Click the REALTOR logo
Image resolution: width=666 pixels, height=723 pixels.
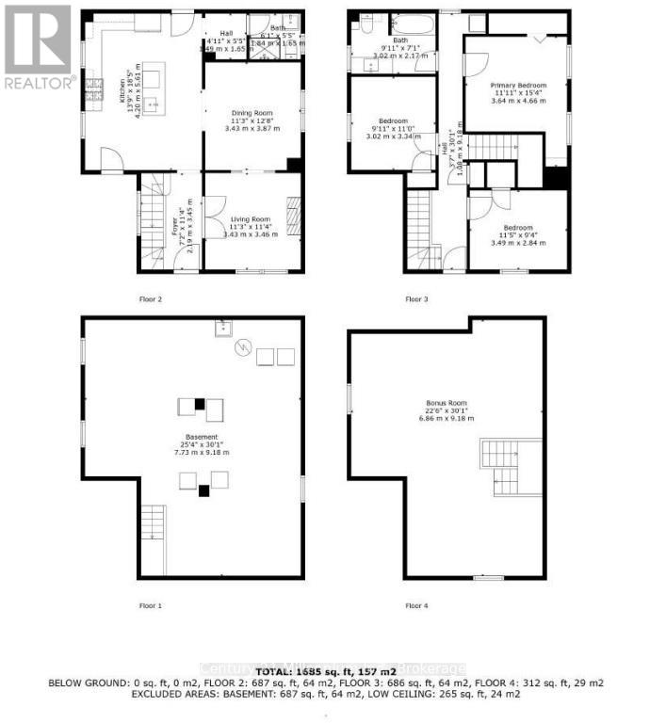tap(38, 47)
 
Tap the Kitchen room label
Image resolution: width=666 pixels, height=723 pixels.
tap(122, 90)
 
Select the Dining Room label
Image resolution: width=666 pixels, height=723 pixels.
tap(252, 120)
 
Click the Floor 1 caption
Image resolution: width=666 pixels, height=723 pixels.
tap(151, 605)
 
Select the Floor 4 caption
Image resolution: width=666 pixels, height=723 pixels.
tap(416, 605)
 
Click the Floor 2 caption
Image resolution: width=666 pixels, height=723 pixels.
tap(151, 299)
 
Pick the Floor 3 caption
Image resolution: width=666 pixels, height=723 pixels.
tap(416, 299)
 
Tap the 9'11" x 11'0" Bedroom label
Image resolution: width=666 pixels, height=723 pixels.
tap(393, 127)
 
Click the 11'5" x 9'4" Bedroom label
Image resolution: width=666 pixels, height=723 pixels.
tap(517, 233)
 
